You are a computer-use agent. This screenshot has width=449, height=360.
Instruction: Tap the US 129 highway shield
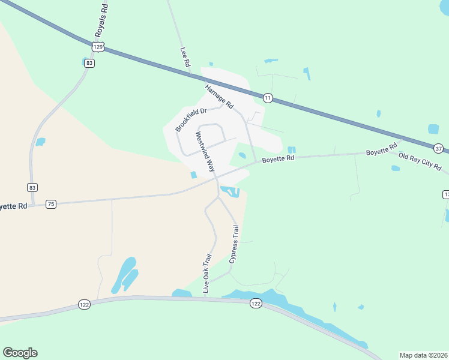pos(98,46)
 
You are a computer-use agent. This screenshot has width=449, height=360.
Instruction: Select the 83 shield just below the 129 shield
pos(89,63)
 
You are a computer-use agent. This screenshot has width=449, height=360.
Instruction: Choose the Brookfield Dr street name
pos(191,119)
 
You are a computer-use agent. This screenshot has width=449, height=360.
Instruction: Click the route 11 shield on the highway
pos(268,97)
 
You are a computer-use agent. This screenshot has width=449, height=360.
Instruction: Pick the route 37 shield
pos(439,148)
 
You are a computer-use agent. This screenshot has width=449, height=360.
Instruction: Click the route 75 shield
pos(51,204)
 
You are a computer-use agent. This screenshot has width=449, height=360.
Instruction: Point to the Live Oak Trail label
pos(207,273)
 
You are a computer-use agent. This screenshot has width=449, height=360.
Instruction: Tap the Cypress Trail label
pos(234,244)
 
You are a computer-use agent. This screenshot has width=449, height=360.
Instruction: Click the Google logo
pos(20,353)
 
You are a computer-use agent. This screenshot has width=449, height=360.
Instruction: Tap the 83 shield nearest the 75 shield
pos(32,187)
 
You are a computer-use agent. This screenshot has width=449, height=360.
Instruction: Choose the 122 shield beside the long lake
pos(256,304)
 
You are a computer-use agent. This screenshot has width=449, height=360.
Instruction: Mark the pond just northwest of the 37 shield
pos(433,129)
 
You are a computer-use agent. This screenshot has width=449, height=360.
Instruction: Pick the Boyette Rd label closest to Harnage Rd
pos(278,158)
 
